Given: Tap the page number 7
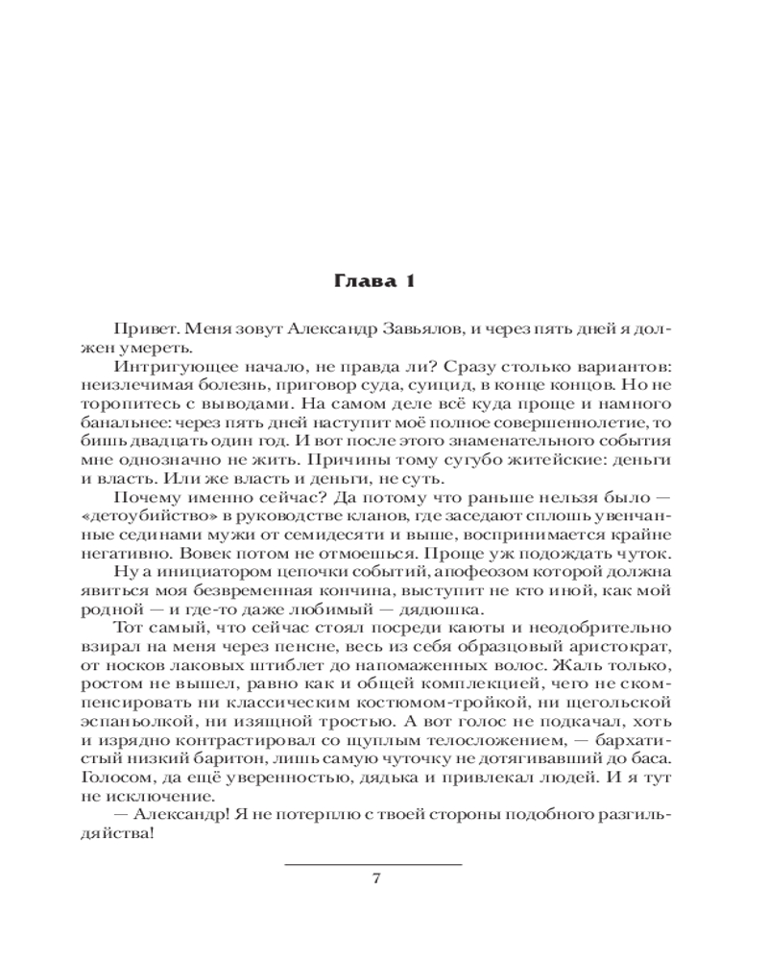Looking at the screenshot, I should tap(376, 878).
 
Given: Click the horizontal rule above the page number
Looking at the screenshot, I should tap(374, 863).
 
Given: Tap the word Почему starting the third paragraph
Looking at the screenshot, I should tap(144, 498).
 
